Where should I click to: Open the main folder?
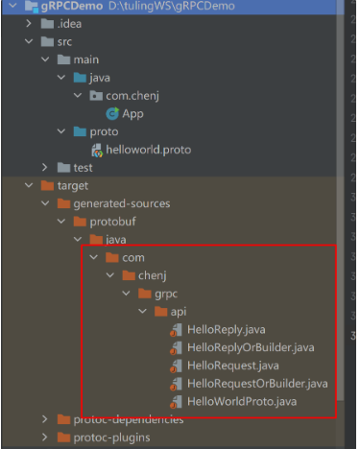[85, 60]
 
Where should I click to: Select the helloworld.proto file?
[145, 150]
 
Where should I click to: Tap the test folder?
[83, 168]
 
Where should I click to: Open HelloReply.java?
[227, 330]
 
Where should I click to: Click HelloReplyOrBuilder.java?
[250, 347]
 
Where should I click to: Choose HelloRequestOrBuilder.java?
[256, 383]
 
